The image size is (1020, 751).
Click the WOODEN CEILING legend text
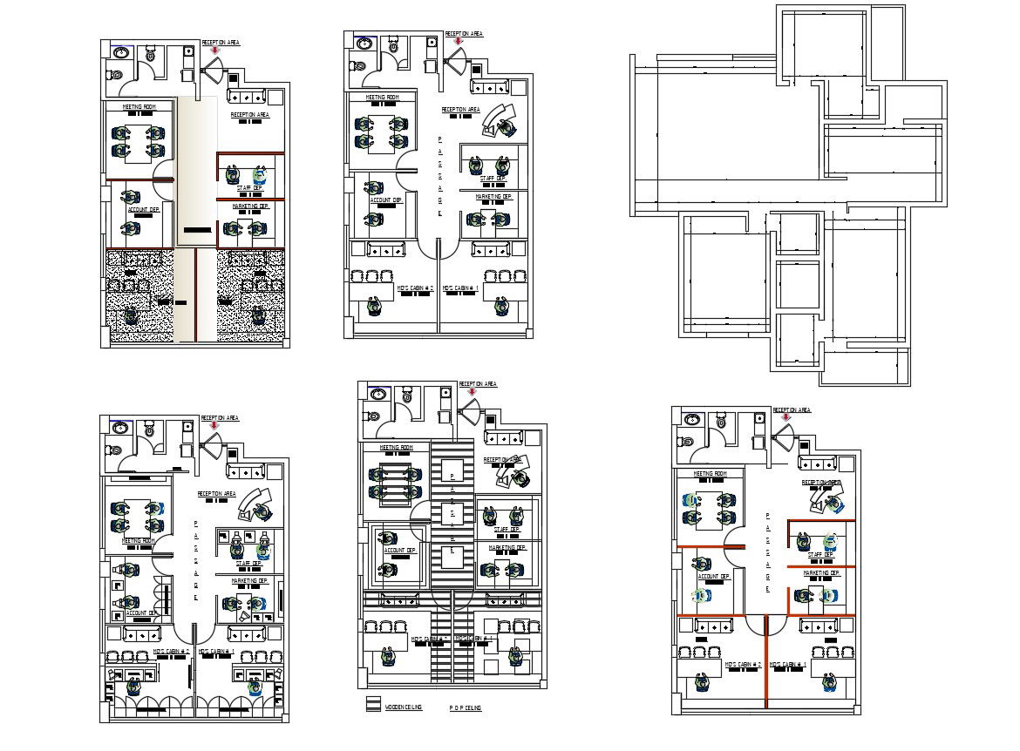click(x=404, y=707)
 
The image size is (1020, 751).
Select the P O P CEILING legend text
click(x=466, y=708)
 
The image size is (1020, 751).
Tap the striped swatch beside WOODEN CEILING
click(x=373, y=705)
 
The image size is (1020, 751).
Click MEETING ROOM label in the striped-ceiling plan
click(x=395, y=448)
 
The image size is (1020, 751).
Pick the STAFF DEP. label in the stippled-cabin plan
click(x=249, y=187)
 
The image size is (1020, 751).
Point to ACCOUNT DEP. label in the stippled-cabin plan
click(x=143, y=210)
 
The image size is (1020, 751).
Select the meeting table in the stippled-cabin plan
click(x=138, y=141)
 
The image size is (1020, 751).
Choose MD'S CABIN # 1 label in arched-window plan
click(x=216, y=651)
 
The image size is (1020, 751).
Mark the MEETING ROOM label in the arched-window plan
click(x=139, y=541)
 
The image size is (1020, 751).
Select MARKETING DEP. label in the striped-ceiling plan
click(x=507, y=548)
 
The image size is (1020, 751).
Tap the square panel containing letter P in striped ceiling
click(x=452, y=476)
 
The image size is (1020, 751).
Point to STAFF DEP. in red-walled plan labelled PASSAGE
click(x=820, y=554)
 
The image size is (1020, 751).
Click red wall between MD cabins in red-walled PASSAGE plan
click(x=765, y=662)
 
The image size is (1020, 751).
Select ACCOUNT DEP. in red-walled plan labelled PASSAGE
click(x=713, y=576)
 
